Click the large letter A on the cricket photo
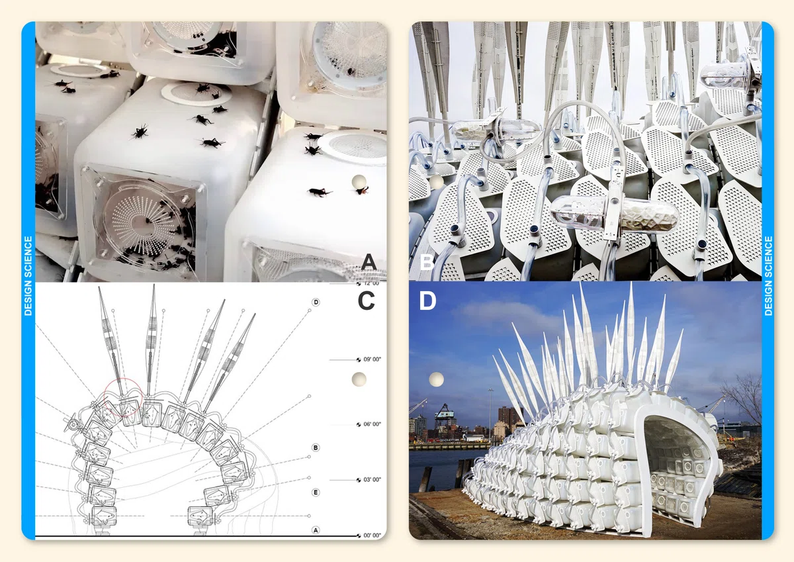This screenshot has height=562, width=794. pyautogui.click(x=369, y=261)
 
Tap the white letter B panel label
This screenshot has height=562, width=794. pyautogui.click(x=427, y=263)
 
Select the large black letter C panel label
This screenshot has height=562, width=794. pyautogui.click(x=366, y=301)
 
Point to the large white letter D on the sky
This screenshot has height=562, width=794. pyautogui.click(x=427, y=301)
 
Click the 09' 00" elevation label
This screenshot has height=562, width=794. pyautogui.click(x=372, y=359)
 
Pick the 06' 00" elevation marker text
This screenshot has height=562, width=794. pyautogui.click(x=372, y=424)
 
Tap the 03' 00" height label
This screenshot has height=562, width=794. pyautogui.click(x=372, y=480)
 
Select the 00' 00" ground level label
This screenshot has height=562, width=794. pyautogui.click(x=372, y=536)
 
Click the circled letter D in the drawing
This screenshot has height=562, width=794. pyautogui.click(x=316, y=302)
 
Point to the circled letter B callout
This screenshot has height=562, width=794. pyautogui.click(x=316, y=447)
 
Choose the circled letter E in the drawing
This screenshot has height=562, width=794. pyautogui.click(x=316, y=492)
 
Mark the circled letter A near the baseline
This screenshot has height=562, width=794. pyautogui.click(x=316, y=530)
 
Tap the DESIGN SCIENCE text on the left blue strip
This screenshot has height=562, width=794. pyautogui.click(x=28, y=276)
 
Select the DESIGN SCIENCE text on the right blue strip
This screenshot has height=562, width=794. pyautogui.click(x=768, y=276)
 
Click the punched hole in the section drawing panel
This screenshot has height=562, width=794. pyautogui.click(x=359, y=379)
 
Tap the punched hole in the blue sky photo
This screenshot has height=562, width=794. pyautogui.click(x=436, y=379)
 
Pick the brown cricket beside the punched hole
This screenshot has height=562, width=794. pyautogui.click(x=362, y=191)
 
